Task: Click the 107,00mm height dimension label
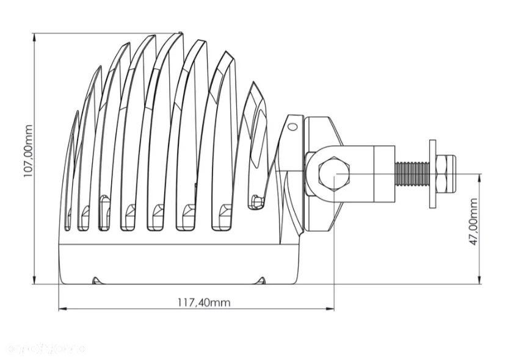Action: click(x=27, y=150)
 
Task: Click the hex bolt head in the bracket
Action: click(x=334, y=174)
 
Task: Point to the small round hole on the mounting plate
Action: click(x=293, y=127)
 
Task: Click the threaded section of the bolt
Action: click(x=413, y=174)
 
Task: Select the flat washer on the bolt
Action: click(x=433, y=174)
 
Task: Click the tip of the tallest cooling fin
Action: click(x=181, y=34)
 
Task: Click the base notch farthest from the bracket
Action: click(x=96, y=281)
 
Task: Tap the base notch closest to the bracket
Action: click(x=261, y=281)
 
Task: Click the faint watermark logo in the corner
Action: click(x=46, y=349)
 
